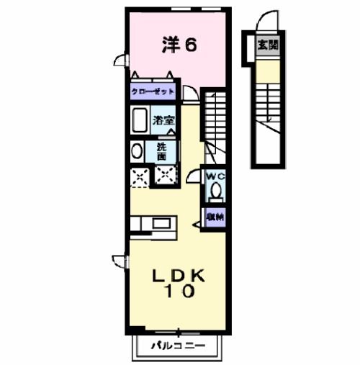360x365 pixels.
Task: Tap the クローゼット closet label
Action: [152, 93]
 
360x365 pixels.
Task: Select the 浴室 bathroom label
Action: [163, 121]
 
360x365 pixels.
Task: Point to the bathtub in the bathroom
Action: [140, 120]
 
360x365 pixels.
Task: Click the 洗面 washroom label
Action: [162, 151]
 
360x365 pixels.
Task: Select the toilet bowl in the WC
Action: [215, 191]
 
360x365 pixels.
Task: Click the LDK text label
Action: [179, 276]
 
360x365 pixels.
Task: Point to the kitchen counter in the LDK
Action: [152, 222]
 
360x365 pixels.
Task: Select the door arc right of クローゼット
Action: [189, 92]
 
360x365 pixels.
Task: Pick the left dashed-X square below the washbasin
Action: [139, 176]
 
